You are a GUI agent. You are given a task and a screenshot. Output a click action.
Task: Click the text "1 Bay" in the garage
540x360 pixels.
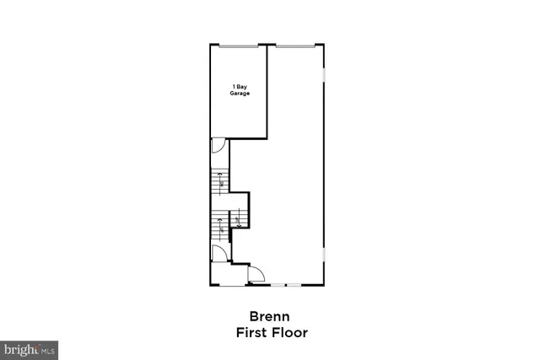pos(240,87)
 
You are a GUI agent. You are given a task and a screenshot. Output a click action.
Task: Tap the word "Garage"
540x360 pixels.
pos(240,93)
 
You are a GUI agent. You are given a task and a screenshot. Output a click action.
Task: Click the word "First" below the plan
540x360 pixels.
pos(252,332)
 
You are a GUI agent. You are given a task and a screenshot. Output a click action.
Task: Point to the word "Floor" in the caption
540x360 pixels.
pos(290,332)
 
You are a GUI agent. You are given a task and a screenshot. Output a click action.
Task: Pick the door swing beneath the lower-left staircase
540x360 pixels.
pos(217,253)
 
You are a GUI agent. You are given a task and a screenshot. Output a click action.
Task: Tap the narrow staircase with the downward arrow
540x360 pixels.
pos(239,220)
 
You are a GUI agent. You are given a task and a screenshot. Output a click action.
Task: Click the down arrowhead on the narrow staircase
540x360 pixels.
pos(239,225)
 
